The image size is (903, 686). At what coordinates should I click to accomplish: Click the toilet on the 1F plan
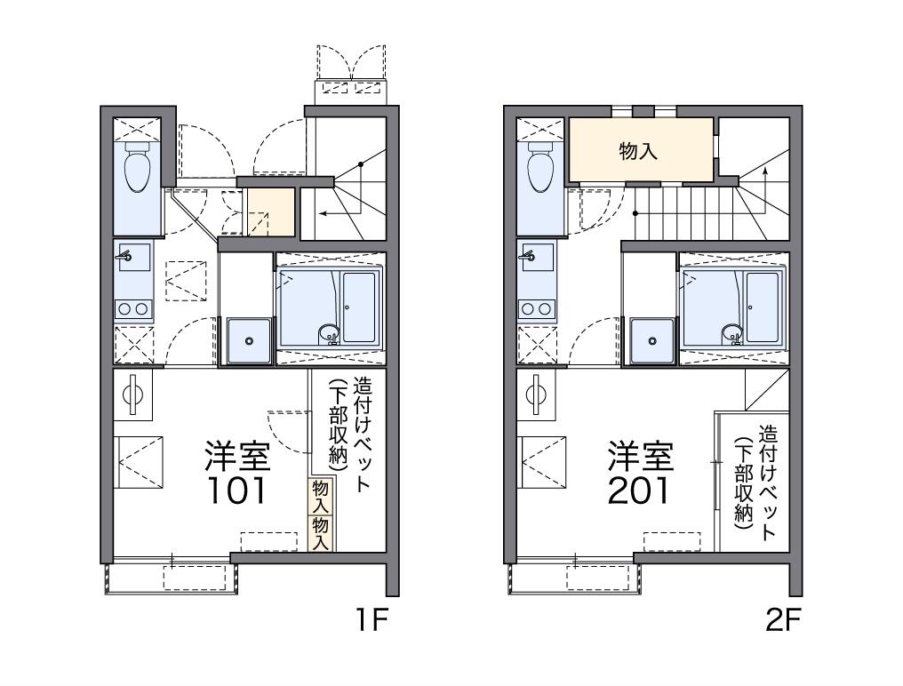point(137,168)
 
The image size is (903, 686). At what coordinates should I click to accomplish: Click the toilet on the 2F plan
point(540,168)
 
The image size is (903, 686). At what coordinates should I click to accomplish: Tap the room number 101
point(237,490)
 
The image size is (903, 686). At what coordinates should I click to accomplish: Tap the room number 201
point(640,490)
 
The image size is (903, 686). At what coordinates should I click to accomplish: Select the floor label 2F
point(783,619)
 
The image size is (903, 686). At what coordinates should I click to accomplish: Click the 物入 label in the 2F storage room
point(638,151)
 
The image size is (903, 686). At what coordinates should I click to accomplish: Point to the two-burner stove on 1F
point(132,308)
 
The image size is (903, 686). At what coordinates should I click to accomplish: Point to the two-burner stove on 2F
point(536,308)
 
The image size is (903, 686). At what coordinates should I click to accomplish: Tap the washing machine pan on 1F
point(248,340)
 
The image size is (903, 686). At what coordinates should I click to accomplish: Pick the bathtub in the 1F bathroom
point(359,307)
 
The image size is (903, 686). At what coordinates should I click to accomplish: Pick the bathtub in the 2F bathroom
point(763,307)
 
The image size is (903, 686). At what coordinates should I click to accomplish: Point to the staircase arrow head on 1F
point(320,213)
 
